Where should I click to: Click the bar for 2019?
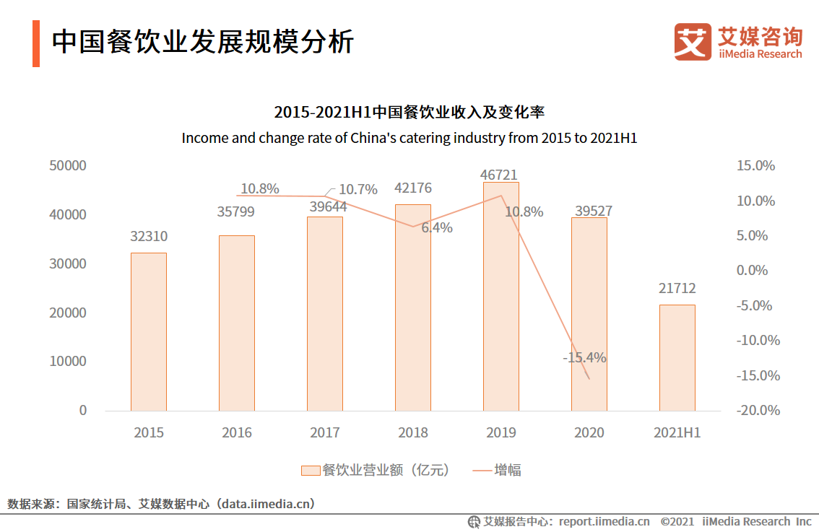[x=500, y=296]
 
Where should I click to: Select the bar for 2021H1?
[x=677, y=357]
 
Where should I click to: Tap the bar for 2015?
[x=148, y=331]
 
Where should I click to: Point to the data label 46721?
[x=499, y=175]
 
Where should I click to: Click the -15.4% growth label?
[x=584, y=357]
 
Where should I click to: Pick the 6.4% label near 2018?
[x=437, y=227]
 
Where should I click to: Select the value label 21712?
[x=677, y=289]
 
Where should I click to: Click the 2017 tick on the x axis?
[x=324, y=432]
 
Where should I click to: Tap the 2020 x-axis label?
[x=589, y=432]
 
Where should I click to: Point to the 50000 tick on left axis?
[x=68, y=166]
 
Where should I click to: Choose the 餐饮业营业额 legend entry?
[x=376, y=470]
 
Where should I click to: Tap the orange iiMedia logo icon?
[x=692, y=42]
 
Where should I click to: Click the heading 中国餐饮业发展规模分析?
[x=202, y=42]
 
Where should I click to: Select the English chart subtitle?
[x=409, y=137]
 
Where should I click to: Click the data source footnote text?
[x=161, y=503]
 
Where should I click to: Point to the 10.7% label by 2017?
[x=358, y=189]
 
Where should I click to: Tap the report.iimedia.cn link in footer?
[x=604, y=521]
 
